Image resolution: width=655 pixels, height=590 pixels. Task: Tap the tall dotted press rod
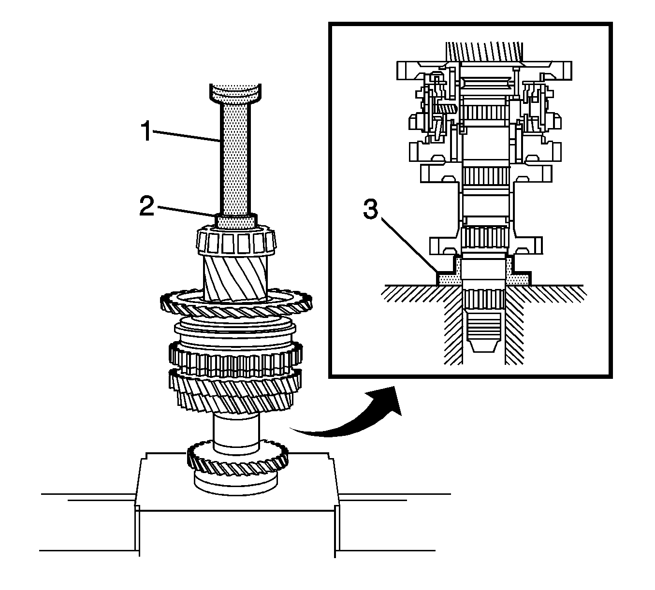pyautogui.click(x=236, y=159)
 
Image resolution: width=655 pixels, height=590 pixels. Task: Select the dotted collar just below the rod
pyautogui.click(x=236, y=222)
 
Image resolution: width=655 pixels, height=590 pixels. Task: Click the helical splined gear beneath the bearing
pyautogui.click(x=236, y=277)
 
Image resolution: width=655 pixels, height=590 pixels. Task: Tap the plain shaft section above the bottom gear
pyautogui.click(x=236, y=432)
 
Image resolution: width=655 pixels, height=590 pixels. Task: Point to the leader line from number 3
pyautogui.click(x=411, y=245)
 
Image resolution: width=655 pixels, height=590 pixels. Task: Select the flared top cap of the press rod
pyautogui.click(x=236, y=93)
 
